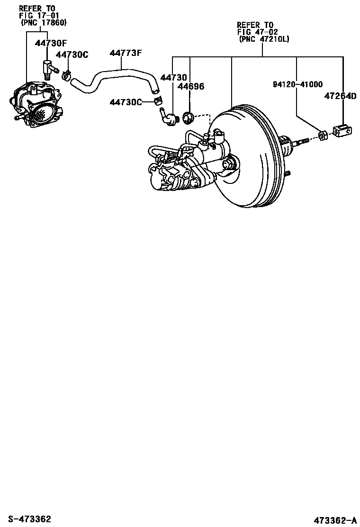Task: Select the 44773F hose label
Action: click(126, 53)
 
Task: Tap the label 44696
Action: click(191, 86)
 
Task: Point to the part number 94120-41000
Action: click(297, 84)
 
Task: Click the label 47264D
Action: click(340, 96)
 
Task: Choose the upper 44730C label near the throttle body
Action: click(72, 55)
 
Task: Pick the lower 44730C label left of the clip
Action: click(126, 102)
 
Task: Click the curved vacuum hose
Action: click(114, 78)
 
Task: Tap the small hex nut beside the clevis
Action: click(322, 136)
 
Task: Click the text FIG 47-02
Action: click(258, 32)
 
